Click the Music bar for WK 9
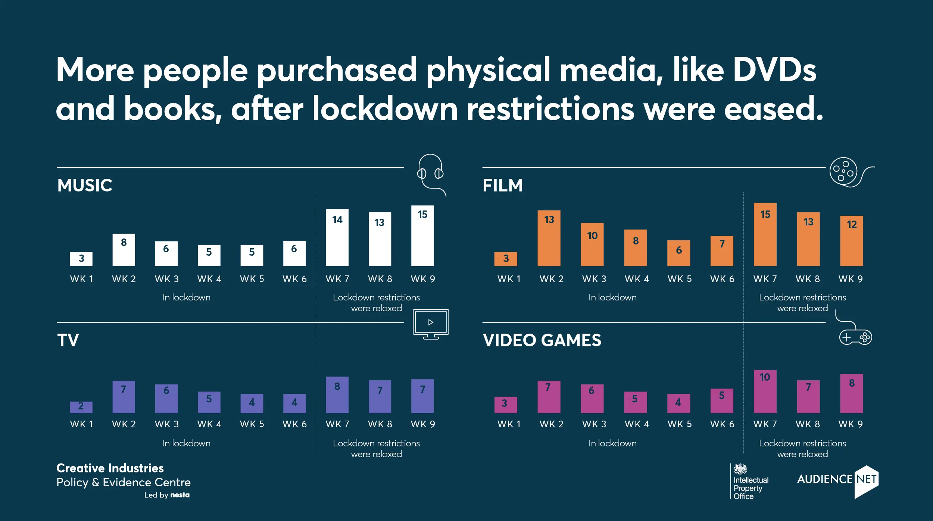click(422, 235)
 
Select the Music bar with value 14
click(337, 237)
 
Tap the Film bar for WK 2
click(549, 238)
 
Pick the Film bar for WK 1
click(506, 259)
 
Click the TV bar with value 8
click(337, 394)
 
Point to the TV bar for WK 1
click(81, 407)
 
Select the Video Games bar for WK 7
click(765, 391)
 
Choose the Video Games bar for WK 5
click(678, 403)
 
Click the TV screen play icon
click(431, 324)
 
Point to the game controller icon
click(855, 337)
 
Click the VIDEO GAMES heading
click(542, 340)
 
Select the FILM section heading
click(503, 185)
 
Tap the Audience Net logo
click(838, 481)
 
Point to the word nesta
click(180, 495)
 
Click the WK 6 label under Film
click(722, 279)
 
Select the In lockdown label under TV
click(186, 443)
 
